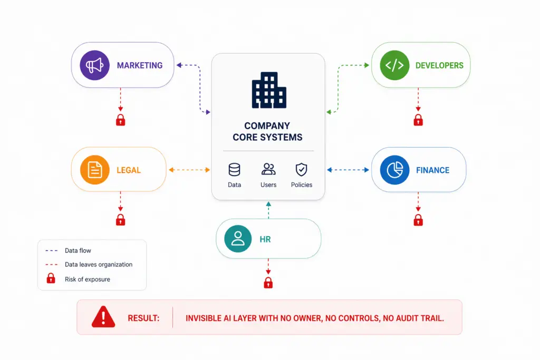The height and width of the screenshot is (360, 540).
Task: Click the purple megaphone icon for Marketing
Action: [95, 65]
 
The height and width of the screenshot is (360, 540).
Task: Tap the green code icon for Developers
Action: [394, 65]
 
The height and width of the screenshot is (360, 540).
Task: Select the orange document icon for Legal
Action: [95, 170]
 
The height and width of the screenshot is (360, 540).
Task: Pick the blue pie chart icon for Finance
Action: [394, 170]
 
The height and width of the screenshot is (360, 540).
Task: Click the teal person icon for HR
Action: [238, 239]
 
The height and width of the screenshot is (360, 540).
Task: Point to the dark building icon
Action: [269, 90]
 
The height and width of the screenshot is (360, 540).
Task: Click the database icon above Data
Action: [235, 170]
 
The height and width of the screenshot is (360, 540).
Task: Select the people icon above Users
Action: [268, 169]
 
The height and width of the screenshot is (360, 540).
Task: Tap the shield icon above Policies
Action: [301, 170]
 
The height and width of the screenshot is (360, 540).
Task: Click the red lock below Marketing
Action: [121, 120]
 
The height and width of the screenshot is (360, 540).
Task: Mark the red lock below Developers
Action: [418, 120]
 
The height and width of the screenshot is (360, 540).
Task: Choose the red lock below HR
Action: [268, 283]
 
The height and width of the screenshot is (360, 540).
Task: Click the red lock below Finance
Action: [418, 220]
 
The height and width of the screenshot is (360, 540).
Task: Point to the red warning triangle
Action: [103, 317]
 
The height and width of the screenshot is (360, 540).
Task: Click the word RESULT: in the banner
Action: [143, 318]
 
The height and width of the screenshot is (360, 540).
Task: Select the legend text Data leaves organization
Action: [99, 264]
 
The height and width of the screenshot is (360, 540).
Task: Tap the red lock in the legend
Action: [51, 278]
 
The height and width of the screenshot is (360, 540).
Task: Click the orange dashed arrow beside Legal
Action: [189, 170]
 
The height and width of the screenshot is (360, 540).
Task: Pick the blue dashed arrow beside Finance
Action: [348, 170]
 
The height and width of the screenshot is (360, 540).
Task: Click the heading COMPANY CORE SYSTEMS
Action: [267, 131]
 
